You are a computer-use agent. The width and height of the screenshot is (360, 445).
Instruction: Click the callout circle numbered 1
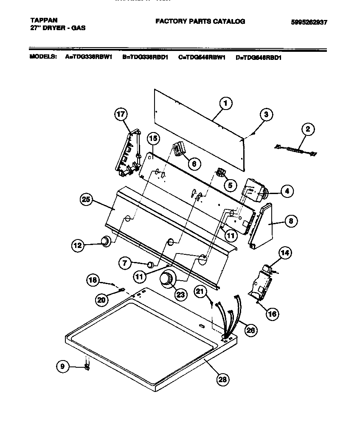226,103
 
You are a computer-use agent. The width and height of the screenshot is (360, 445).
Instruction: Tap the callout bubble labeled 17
121,114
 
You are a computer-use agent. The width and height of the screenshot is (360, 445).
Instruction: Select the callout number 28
222,380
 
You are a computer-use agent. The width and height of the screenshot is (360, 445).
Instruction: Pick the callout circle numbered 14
285,253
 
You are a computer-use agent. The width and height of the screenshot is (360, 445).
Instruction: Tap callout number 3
266,114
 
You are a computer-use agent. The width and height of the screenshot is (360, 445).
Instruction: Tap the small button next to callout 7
150,265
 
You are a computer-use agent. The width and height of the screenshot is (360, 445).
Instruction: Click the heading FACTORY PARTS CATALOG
200,21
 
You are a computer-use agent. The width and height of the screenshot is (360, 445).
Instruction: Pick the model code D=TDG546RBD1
258,57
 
